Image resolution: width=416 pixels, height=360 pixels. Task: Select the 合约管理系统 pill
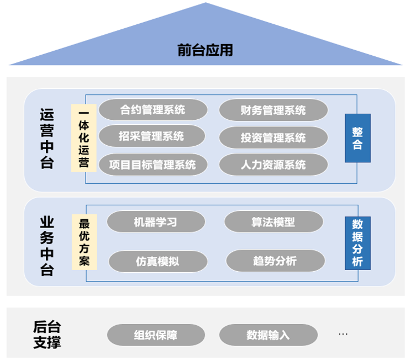153,110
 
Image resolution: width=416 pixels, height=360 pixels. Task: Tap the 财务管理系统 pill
273,110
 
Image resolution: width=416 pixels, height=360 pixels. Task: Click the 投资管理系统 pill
273,137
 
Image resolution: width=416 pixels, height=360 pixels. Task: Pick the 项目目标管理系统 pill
153,165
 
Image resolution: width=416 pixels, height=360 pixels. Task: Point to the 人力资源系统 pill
273,165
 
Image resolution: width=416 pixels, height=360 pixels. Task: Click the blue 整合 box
357,138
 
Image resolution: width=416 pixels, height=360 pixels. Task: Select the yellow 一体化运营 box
83,137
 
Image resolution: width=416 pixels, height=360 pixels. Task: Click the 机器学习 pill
156,222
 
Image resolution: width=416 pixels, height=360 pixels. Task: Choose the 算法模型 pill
273,222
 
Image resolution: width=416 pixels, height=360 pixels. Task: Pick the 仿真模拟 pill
157,261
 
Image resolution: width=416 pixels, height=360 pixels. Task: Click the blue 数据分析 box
357,243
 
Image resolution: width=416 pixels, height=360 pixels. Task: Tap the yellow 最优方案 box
84,242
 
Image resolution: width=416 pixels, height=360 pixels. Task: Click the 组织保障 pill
156,335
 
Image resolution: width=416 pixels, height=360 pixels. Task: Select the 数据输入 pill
268,335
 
